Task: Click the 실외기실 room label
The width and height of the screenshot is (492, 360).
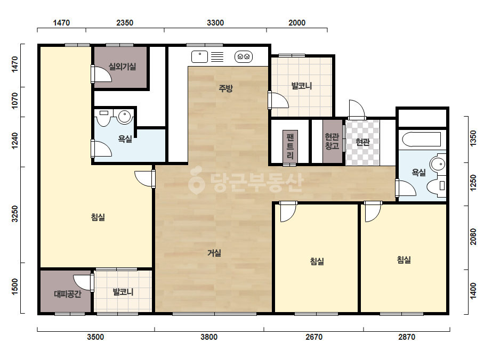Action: coord(122,67)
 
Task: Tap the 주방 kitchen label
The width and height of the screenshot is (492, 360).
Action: coord(225,88)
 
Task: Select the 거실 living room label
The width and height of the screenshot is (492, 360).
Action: coord(214,253)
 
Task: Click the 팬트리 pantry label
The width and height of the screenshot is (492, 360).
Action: coord(290,145)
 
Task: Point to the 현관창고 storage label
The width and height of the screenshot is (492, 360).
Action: coord(332,141)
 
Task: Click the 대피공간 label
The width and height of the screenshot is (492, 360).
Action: coord(68,294)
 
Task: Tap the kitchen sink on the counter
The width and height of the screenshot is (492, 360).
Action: coord(199,57)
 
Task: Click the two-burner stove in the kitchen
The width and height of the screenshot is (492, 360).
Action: coord(244,57)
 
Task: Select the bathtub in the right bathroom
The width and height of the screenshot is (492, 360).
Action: coord(422,140)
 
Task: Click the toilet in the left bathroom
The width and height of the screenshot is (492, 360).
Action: coord(103,117)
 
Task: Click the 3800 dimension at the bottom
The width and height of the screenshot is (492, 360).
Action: coord(209,337)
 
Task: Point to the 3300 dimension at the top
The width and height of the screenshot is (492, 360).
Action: coord(215,23)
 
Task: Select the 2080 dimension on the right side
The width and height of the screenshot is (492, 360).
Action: coord(473,237)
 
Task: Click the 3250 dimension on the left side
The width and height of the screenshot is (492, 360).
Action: coord(15,214)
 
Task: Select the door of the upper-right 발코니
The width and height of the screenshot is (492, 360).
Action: coord(278,100)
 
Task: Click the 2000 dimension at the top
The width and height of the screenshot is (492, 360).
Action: coord(297,23)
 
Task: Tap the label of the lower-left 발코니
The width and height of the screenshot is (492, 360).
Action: coord(123,292)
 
